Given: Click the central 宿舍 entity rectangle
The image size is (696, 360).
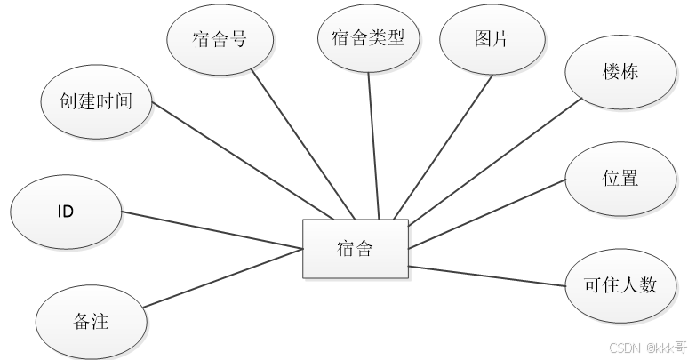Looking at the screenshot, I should point(355,249).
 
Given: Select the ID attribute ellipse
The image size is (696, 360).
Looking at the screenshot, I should point(64,212).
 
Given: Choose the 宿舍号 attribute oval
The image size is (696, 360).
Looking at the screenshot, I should point(219,39).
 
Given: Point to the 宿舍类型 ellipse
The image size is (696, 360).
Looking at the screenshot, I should point(367,38).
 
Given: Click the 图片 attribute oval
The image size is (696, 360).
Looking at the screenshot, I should point(492,39).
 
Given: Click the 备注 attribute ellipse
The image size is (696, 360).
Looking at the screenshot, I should point(90,321).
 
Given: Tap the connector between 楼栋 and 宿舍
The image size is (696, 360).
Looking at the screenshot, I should point(489,159).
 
